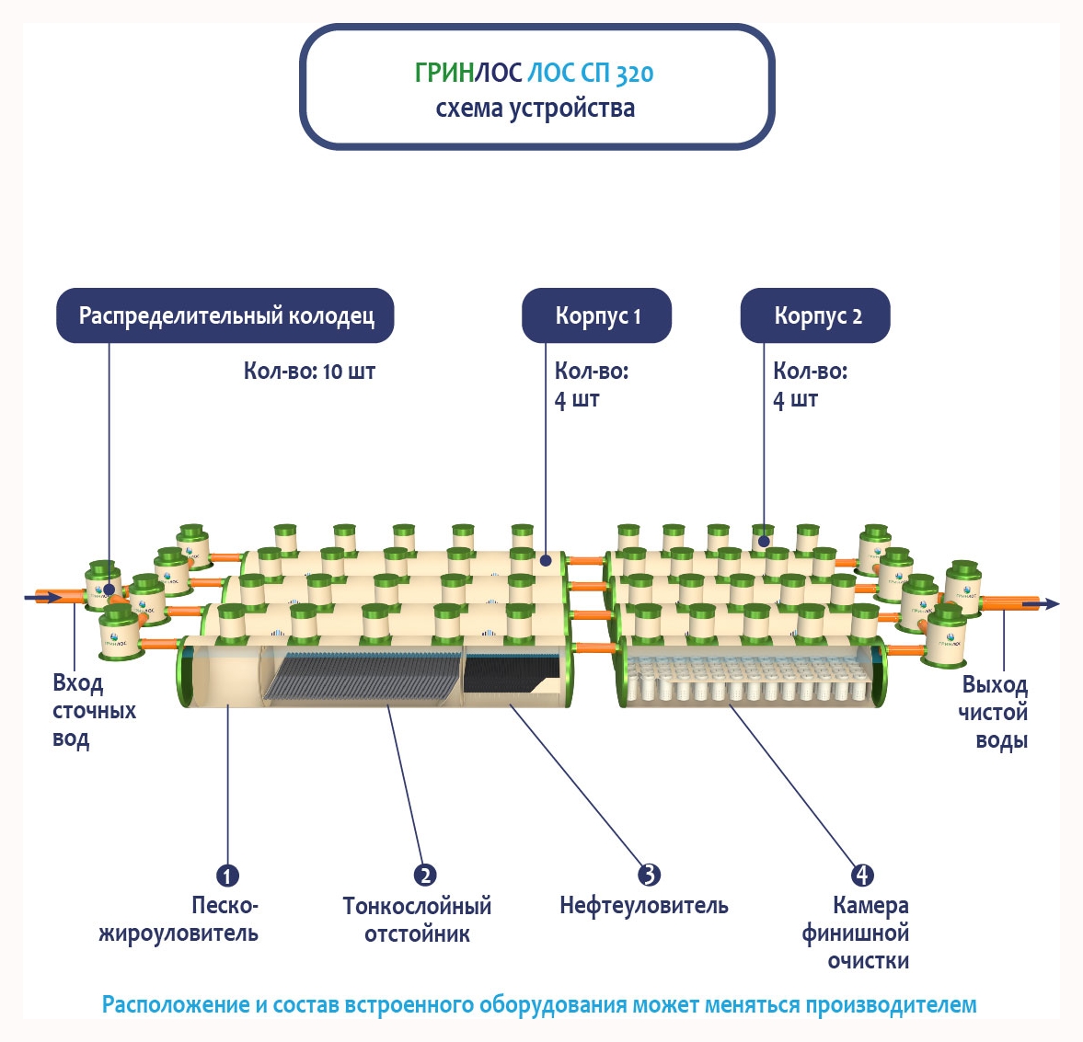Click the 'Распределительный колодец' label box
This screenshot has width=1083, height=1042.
click(x=225, y=316)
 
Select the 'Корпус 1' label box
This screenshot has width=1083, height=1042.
click(x=596, y=316)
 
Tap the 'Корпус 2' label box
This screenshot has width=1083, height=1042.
click(x=815, y=316)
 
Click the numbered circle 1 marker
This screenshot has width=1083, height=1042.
click(x=227, y=876)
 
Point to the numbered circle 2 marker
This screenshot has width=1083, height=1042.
click(x=424, y=876)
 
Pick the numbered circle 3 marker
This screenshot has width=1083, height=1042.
click(x=650, y=875)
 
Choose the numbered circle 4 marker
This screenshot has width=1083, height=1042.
click(x=862, y=876)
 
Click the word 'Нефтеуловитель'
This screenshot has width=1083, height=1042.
click(x=643, y=906)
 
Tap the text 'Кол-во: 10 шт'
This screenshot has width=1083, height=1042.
click(x=309, y=372)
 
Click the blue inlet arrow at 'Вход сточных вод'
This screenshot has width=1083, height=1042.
click(x=42, y=598)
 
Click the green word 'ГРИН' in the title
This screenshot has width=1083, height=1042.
click(x=444, y=74)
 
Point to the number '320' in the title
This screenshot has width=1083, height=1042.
click(x=634, y=74)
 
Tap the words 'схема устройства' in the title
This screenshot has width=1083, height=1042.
click(x=535, y=109)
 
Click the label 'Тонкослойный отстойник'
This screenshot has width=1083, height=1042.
click(x=417, y=920)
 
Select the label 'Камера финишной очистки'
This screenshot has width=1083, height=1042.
click(x=856, y=933)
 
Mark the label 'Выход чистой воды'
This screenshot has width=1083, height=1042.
click(x=993, y=712)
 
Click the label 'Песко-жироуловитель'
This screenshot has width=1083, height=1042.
click(x=179, y=920)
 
